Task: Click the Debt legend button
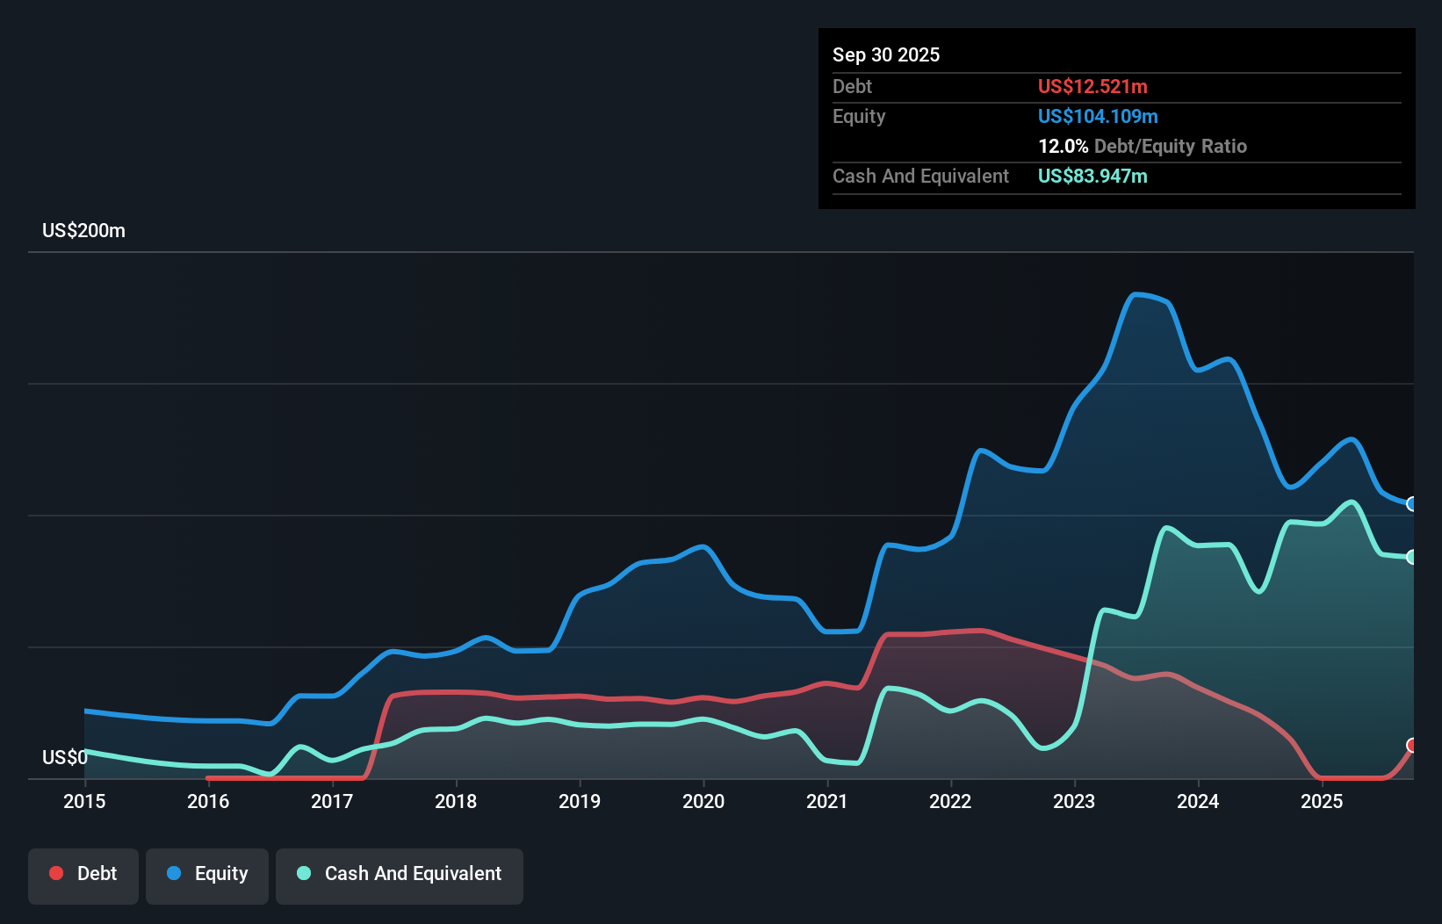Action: (83, 874)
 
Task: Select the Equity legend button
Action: (207, 874)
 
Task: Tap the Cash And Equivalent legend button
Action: (400, 874)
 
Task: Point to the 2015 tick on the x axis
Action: (84, 801)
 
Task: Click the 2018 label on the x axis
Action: (456, 801)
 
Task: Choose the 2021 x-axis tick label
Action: (827, 801)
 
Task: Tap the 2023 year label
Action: (1074, 801)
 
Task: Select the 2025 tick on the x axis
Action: (1322, 801)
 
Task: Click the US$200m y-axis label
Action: (84, 231)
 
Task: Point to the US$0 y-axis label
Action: (65, 757)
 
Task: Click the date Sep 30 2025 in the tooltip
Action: (886, 55)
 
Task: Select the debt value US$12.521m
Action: (1092, 87)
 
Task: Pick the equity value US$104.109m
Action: (1098, 117)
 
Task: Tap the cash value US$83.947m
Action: (1092, 177)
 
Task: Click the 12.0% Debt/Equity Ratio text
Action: (1142, 147)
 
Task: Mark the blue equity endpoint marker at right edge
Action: (1412, 504)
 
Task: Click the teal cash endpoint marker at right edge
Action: (1412, 557)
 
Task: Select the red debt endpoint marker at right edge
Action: (1412, 745)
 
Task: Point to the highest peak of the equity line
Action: (1136, 294)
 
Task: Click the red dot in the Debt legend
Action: (56, 873)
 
